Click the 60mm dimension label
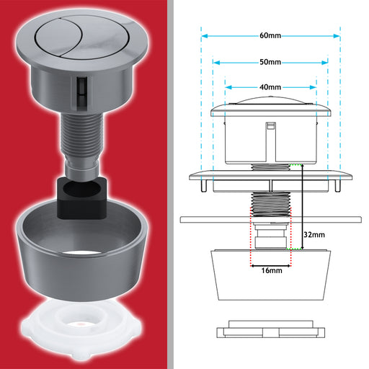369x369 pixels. [x=270, y=35]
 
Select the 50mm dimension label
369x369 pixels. [x=270, y=62]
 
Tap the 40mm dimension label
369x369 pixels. [x=270, y=87]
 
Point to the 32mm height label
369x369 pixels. [x=314, y=235]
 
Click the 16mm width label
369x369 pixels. [x=272, y=270]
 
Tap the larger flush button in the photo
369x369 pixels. [x=96, y=38]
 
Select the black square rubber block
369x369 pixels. [x=81, y=197]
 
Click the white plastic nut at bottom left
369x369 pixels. [x=81, y=331]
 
